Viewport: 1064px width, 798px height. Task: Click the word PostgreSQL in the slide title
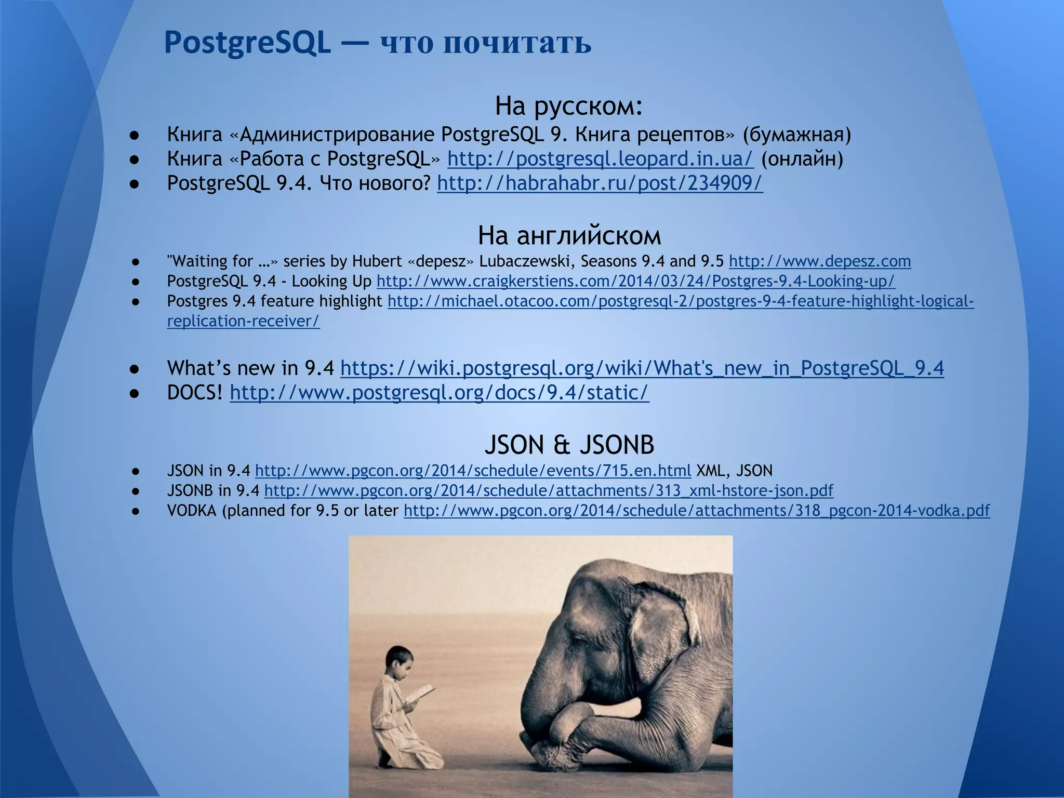[247, 43]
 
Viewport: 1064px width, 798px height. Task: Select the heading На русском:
[569, 106]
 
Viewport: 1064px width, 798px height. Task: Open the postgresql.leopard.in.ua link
[600, 158]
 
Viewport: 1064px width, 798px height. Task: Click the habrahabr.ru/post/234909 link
[600, 183]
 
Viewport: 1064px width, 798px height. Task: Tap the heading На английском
[569, 235]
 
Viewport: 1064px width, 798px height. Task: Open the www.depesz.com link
[820, 261]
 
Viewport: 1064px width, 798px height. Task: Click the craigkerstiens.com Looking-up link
[635, 281]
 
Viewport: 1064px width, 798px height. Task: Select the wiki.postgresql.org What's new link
[642, 368]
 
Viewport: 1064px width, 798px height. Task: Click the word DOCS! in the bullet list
[195, 393]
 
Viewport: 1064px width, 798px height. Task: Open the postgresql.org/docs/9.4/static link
[440, 393]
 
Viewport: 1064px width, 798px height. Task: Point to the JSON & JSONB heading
[569, 445]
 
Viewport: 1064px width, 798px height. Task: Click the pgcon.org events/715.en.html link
[473, 471]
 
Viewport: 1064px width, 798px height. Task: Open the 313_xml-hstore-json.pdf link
[549, 490]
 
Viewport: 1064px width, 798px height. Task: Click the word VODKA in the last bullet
[192, 511]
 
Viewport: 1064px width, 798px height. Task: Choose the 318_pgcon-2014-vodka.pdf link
[697, 511]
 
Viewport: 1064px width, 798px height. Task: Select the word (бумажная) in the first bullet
[796, 135]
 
